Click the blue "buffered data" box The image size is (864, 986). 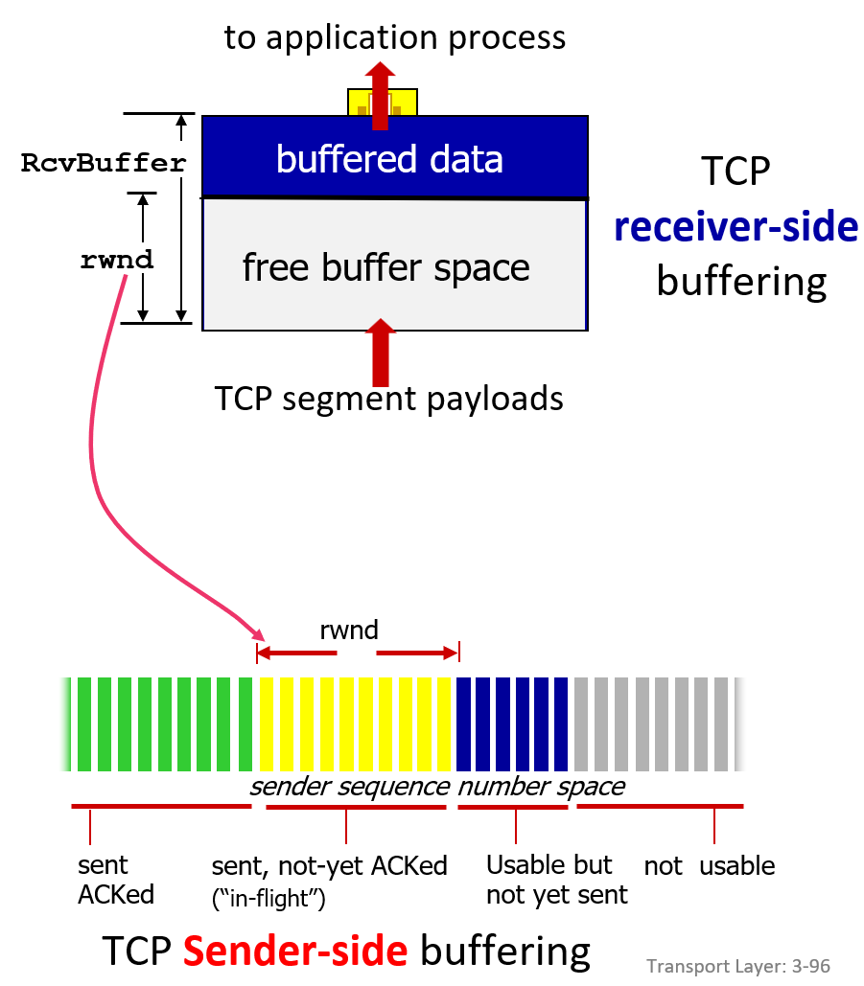click(394, 156)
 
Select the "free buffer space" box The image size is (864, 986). click(394, 264)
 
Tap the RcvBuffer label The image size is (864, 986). click(104, 163)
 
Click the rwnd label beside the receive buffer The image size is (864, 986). click(117, 259)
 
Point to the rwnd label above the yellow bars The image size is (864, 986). click(349, 630)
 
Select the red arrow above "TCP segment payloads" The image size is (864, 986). click(380, 353)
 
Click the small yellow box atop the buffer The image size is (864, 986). click(383, 103)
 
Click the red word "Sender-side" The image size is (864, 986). click(295, 950)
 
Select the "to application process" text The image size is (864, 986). click(395, 37)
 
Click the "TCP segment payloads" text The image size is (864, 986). click(389, 399)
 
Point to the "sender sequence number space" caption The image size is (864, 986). click(437, 787)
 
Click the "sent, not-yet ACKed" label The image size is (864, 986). click(329, 866)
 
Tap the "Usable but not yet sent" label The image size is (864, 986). click(557, 879)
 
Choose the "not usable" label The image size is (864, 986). click(710, 866)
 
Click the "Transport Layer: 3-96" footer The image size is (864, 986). click(738, 966)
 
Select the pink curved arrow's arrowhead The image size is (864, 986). click(259, 634)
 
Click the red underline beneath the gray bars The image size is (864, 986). click(660, 806)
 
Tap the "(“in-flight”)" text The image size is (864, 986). click(269, 898)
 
